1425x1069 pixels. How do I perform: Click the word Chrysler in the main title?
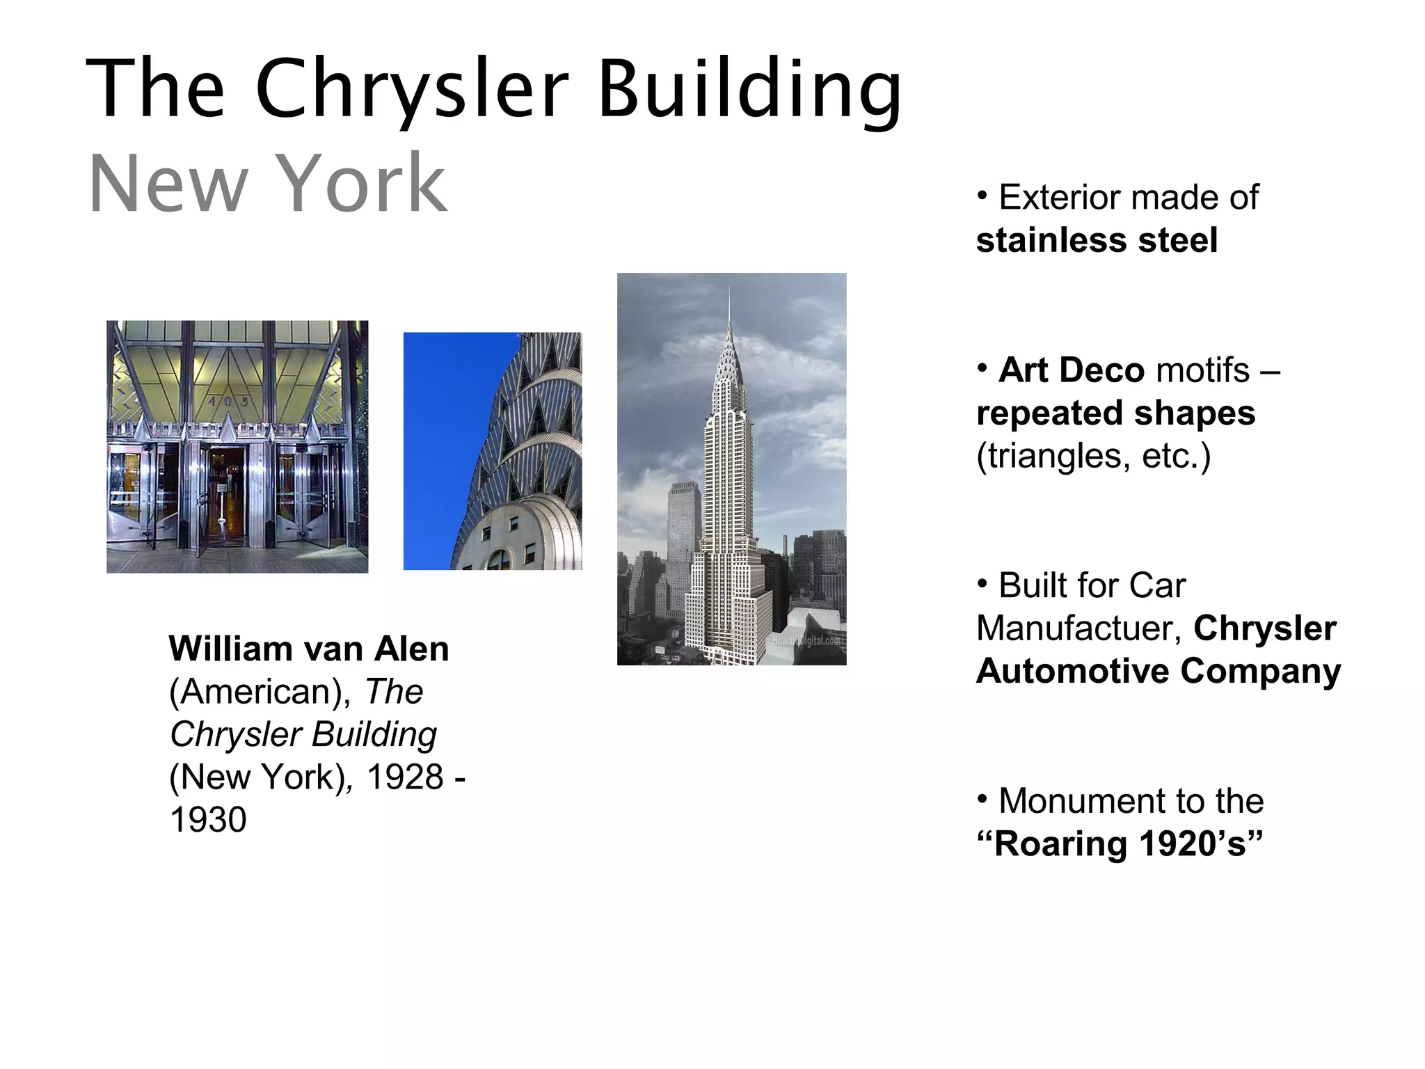click(x=412, y=90)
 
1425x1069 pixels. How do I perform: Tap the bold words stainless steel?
click(x=1097, y=241)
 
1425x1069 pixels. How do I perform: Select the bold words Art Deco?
click(x=1072, y=370)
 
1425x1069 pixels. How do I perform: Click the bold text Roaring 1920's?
click(x=1120, y=844)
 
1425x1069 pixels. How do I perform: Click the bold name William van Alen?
click(x=309, y=649)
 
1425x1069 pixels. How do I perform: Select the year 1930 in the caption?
click(x=208, y=821)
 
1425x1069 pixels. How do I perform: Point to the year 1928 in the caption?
click(x=405, y=777)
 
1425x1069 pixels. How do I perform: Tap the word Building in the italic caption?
click(x=374, y=735)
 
